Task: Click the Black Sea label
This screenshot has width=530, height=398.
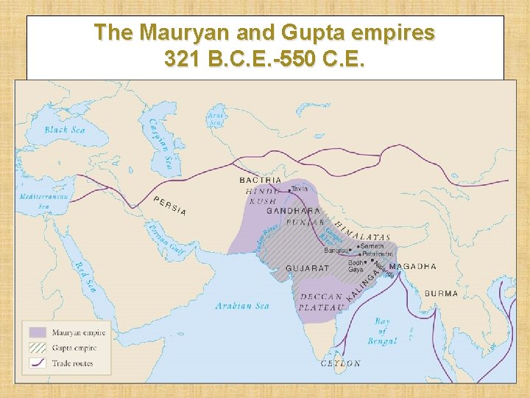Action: [x=66, y=130]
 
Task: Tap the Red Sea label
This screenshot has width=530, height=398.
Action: [x=85, y=276]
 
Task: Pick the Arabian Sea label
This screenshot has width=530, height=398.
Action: [x=242, y=306]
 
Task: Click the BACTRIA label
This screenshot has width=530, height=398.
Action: [x=261, y=180]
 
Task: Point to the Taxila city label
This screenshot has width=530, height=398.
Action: [x=300, y=189]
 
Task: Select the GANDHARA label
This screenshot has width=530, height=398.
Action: [x=294, y=211]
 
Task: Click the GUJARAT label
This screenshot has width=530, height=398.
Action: [x=307, y=268]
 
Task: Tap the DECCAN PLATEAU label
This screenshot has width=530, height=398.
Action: [x=322, y=302]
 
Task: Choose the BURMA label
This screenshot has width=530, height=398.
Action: [x=441, y=293]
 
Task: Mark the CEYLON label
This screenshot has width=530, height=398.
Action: [x=341, y=363]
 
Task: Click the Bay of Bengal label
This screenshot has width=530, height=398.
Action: [x=382, y=331]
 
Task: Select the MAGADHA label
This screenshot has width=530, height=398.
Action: [x=412, y=266]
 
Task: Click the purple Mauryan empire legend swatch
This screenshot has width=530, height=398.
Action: [x=38, y=333]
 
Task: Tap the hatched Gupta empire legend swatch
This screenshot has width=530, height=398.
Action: [x=38, y=348]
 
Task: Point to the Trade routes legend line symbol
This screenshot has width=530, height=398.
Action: [x=38, y=363]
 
